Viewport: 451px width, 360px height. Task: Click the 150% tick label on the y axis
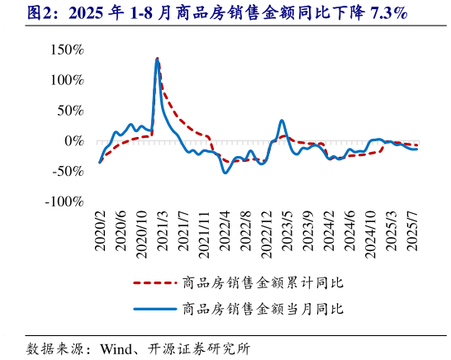[x=67, y=50]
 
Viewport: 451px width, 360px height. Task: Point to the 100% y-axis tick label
[x=67, y=80]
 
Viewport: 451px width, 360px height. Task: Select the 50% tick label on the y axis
[x=70, y=111]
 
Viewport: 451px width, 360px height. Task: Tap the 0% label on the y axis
[x=74, y=141]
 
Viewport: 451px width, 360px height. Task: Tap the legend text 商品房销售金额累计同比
[x=262, y=283]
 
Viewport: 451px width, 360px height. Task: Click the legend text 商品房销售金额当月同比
[x=262, y=310]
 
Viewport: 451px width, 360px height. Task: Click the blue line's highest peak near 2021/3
[x=157, y=59]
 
